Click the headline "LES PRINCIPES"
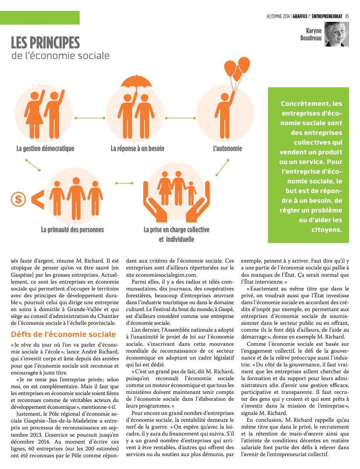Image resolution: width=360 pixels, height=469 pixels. pos(45,42)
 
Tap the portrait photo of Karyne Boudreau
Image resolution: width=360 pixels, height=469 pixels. pos(336,34)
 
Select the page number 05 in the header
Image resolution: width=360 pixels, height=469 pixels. pos(347,16)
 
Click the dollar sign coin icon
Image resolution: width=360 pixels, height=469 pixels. pos(18,199)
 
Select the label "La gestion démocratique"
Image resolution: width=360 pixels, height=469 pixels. pos(45,148)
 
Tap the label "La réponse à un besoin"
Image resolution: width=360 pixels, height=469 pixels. pos(137,148)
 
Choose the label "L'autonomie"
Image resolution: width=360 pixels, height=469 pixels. pos(227,148)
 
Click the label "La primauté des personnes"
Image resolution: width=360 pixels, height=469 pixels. pos(72,230)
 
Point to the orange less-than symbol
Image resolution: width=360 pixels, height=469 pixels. pos(37,199)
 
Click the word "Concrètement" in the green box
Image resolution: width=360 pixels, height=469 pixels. pos(300,103)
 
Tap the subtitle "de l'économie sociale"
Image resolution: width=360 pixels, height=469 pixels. pos(60,55)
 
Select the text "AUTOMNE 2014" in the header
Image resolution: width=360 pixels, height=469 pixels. pos(278,16)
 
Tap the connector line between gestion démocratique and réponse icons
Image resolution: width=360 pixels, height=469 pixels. pos(88,118)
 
